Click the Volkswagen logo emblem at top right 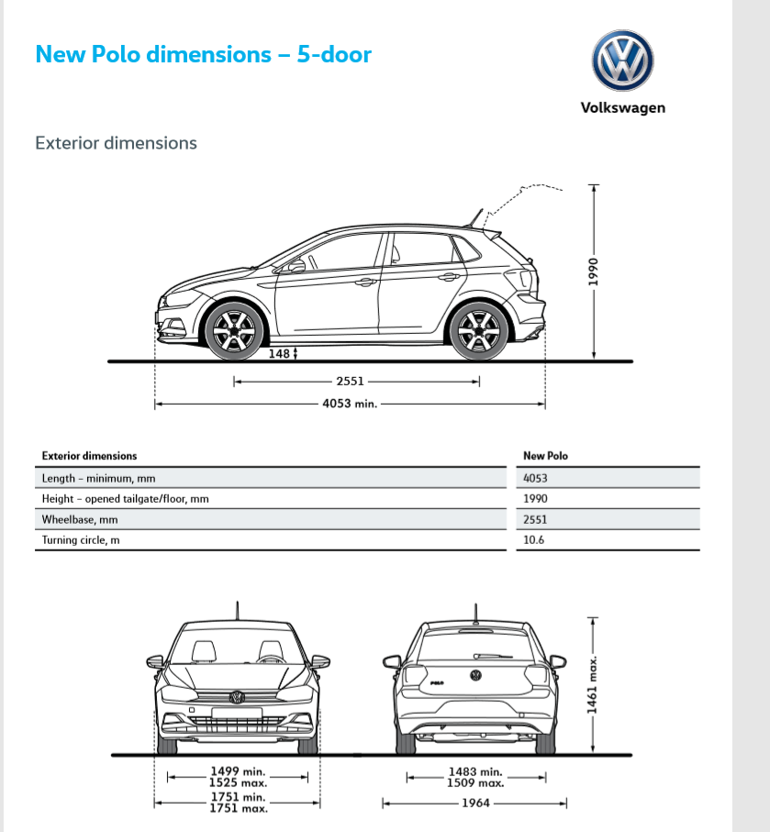pyautogui.click(x=622, y=60)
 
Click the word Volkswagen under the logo pyautogui.click(x=622, y=107)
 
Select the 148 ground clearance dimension pyautogui.click(x=279, y=353)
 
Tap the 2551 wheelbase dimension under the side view pyautogui.click(x=350, y=381)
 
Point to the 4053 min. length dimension pyautogui.click(x=350, y=404)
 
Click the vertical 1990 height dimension pyautogui.click(x=593, y=272)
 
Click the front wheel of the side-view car pyautogui.click(x=234, y=330)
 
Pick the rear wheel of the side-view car pyautogui.click(x=479, y=330)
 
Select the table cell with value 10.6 pyautogui.click(x=534, y=540)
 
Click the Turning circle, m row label pyautogui.click(x=81, y=540)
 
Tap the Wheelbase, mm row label pyautogui.click(x=80, y=519)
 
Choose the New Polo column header pyautogui.click(x=545, y=456)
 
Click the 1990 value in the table pyautogui.click(x=535, y=499)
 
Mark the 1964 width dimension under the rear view pyautogui.click(x=475, y=803)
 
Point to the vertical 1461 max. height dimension pyautogui.click(x=592, y=684)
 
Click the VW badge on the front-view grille pyautogui.click(x=237, y=697)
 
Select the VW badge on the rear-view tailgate pyautogui.click(x=475, y=675)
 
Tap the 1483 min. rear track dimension pyautogui.click(x=475, y=772)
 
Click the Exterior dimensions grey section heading pyautogui.click(x=116, y=143)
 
